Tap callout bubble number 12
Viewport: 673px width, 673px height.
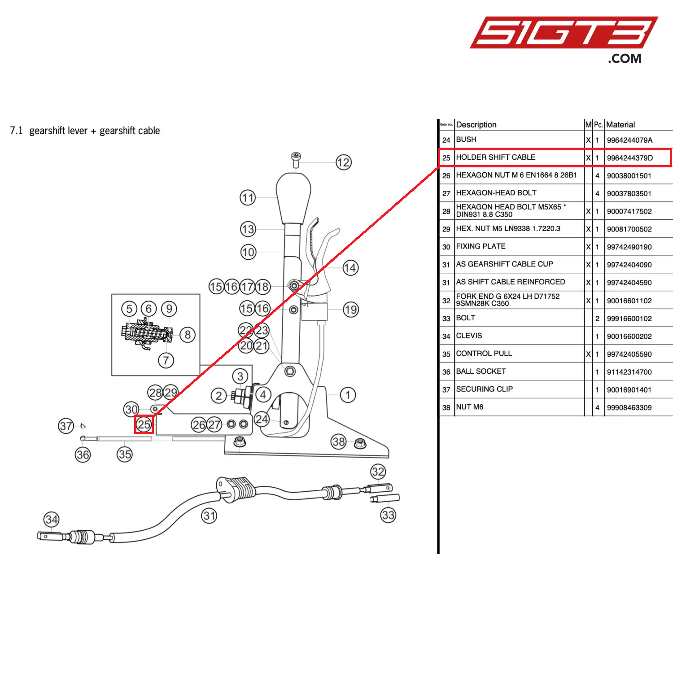point(343,162)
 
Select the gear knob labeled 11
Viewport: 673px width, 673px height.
point(293,197)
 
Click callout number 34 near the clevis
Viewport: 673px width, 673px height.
point(52,520)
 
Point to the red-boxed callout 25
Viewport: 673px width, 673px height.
point(144,424)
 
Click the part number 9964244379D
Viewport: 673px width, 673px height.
point(629,158)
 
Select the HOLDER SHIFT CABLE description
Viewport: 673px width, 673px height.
point(495,157)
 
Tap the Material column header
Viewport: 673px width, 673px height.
point(621,125)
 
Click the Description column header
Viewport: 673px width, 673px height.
point(476,125)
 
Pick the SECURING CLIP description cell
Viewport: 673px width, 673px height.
point(484,389)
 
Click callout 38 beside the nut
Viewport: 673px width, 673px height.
point(339,441)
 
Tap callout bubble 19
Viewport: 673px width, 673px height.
point(351,310)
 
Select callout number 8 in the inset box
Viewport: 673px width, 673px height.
point(188,334)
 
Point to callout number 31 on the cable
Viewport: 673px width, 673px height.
point(209,516)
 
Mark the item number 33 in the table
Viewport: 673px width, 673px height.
point(446,319)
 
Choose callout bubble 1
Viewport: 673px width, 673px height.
point(348,395)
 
